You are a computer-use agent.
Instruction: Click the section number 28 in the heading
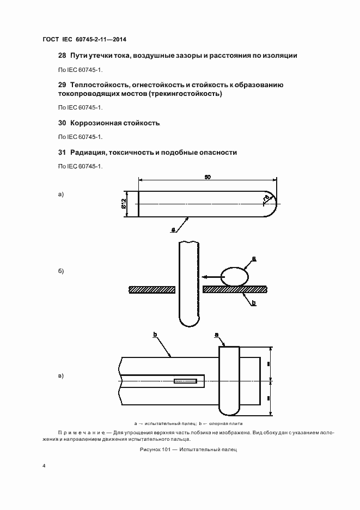tap(62, 56)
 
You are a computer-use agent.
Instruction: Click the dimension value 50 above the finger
tap(208, 177)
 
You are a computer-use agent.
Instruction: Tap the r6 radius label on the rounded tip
tap(267, 197)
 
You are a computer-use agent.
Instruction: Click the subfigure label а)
tap(61, 194)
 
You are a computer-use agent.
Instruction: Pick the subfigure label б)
tap(61, 271)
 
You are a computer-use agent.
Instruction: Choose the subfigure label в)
tap(61, 376)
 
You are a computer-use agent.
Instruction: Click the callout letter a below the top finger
tap(173, 230)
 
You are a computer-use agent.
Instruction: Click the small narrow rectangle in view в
tap(186, 380)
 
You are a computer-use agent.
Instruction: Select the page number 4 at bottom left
tap(44, 467)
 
